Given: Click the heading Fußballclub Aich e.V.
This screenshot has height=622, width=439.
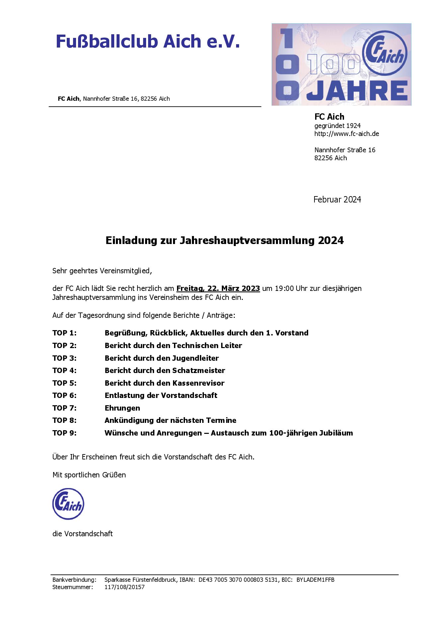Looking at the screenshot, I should click(x=147, y=42).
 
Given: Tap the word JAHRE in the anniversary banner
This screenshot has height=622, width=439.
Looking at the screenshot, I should click(x=357, y=90).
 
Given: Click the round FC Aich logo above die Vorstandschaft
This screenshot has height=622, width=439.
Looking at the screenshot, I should click(x=68, y=504).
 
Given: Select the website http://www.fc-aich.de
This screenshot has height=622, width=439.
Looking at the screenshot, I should click(x=346, y=134).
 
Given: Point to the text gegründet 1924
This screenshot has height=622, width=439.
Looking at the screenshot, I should click(x=337, y=126).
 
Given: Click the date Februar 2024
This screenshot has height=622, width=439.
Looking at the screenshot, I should click(x=337, y=199).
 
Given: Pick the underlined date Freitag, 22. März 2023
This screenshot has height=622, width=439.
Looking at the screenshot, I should click(x=218, y=288).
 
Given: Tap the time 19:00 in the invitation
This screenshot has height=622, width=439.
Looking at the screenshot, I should click(x=284, y=288).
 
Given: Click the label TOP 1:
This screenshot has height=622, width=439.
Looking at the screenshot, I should click(x=64, y=333).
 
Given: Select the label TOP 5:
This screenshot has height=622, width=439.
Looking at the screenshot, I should click(x=64, y=383).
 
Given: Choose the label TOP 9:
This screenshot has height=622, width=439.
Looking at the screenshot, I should click(x=64, y=433).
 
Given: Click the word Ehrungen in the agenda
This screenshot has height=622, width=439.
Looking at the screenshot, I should click(x=122, y=408).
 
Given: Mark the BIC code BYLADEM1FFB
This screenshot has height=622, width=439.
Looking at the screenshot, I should click(x=315, y=580).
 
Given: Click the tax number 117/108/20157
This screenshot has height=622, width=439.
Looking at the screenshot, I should click(x=125, y=587).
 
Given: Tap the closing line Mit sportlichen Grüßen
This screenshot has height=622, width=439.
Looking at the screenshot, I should click(x=89, y=475).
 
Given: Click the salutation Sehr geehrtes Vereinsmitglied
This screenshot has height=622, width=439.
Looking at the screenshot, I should click(x=102, y=271).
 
